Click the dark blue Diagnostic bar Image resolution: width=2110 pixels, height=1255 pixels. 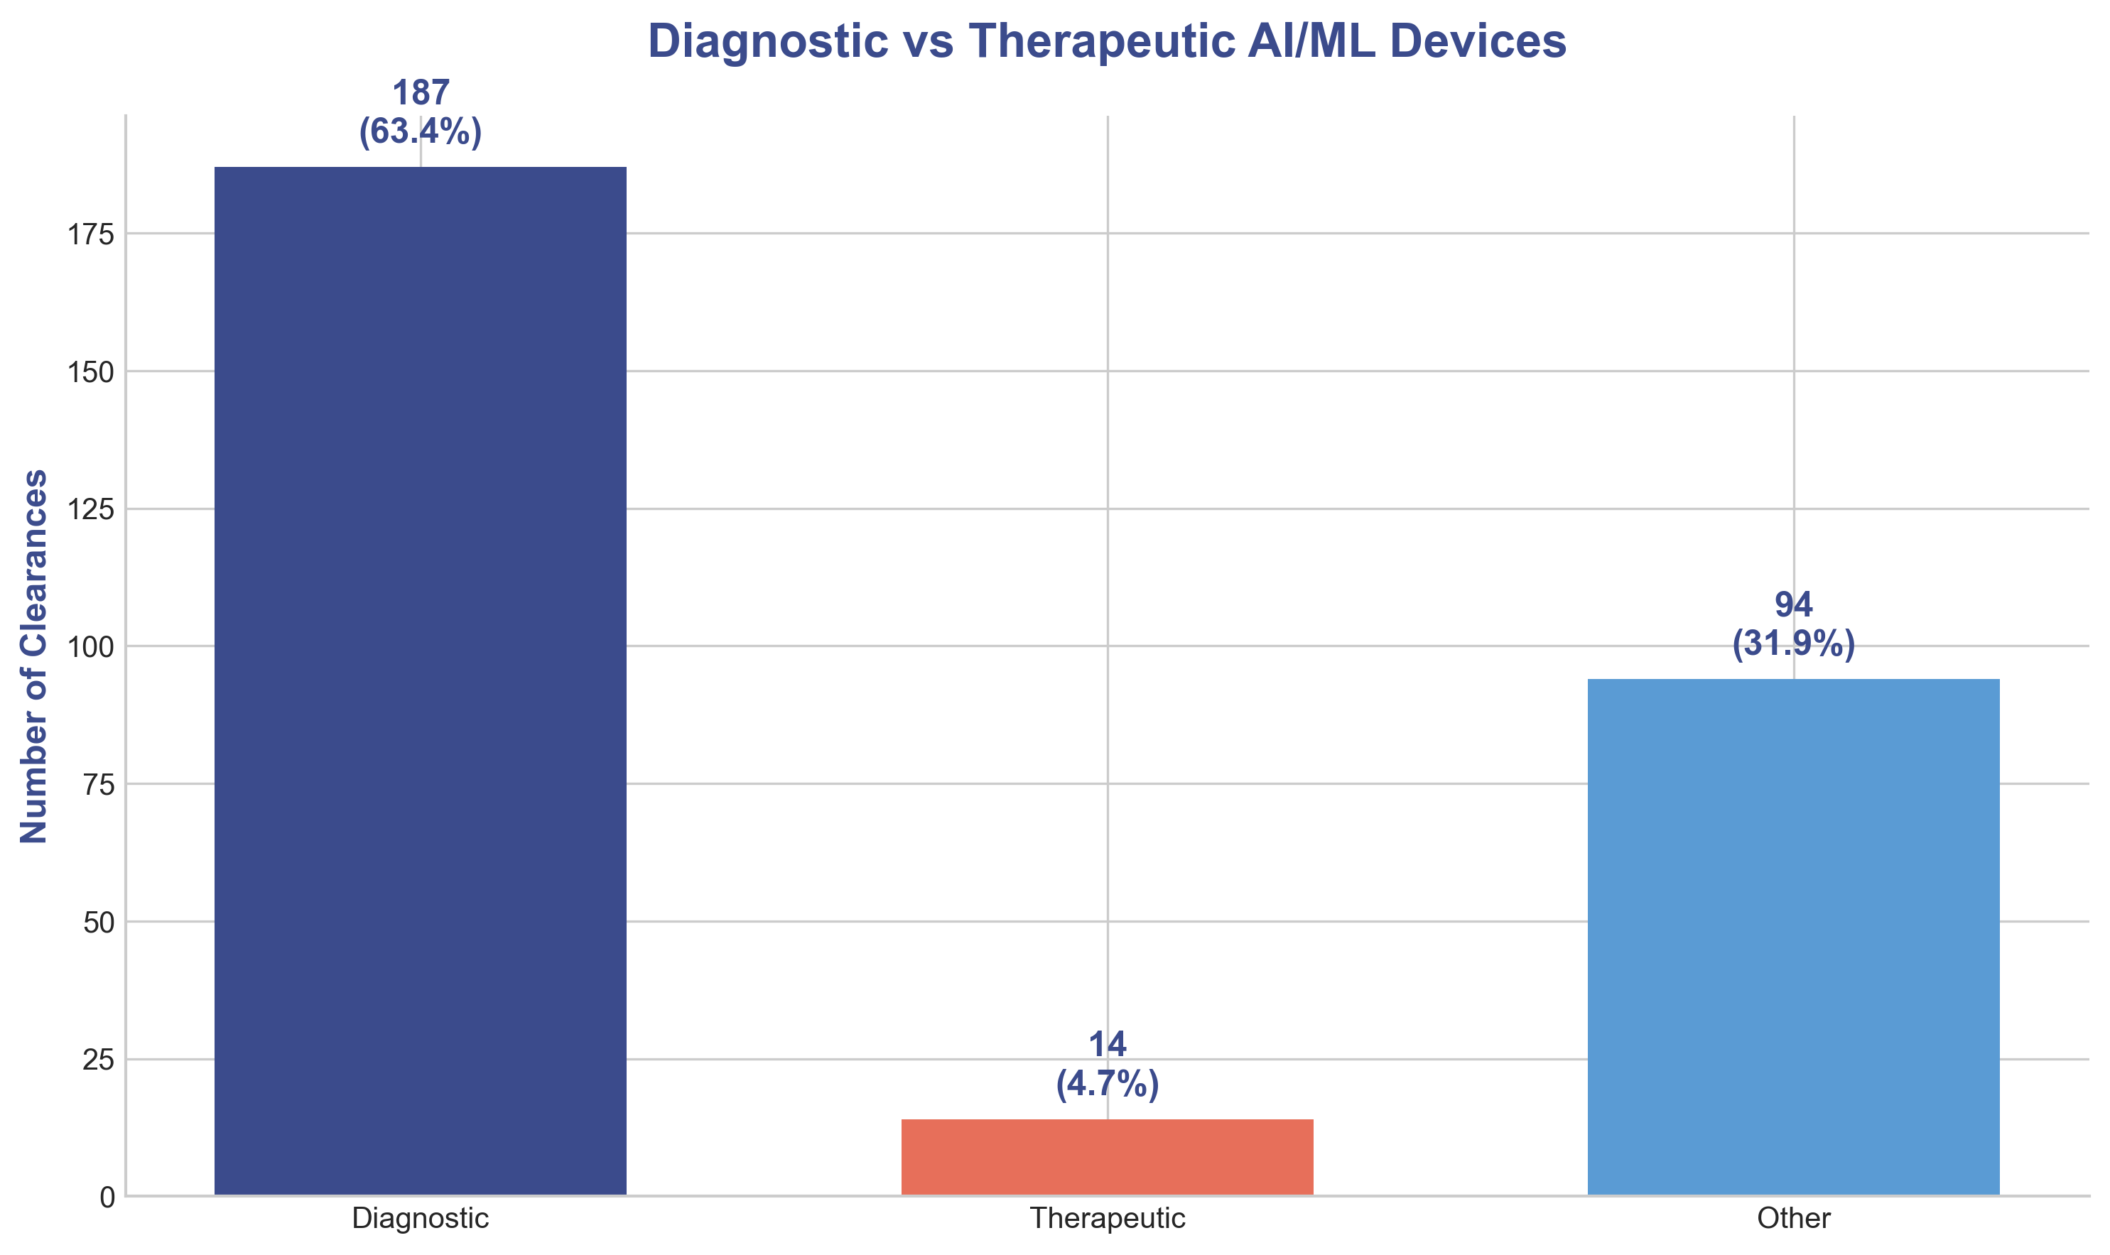click(x=421, y=681)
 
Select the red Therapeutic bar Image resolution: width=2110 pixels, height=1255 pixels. click(x=1107, y=1157)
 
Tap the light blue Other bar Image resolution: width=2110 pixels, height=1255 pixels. click(x=1793, y=937)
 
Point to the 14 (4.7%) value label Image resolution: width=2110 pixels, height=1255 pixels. click(x=1107, y=1065)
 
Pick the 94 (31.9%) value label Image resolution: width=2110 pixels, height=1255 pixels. click(x=1793, y=625)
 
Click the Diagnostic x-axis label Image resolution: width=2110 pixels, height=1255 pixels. click(x=421, y=1219)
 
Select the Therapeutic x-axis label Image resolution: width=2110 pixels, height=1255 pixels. click(x=1107, y=1219)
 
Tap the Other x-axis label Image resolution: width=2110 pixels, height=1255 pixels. click(x=1793, y=1219)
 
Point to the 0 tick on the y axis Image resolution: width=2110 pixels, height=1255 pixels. click(x=107, y=1197)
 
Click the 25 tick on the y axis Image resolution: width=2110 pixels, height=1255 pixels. click(x=98, y=1060)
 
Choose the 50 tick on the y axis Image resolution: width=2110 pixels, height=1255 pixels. click(x=98, y=922)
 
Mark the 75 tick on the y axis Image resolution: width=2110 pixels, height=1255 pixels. click(x=98, y=785)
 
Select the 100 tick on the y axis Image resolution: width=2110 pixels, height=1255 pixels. click(x=90, y=647)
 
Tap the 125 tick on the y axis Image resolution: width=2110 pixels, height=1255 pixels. click(x=90, y=509)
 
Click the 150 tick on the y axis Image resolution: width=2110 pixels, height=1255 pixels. click(x=90, y=371)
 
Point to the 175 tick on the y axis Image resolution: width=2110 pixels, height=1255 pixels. click(x=90, y=234)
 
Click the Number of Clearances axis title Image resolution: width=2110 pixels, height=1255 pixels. click(x=34, y=656)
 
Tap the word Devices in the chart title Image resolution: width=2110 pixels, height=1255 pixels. click(x=1478, y=40)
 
